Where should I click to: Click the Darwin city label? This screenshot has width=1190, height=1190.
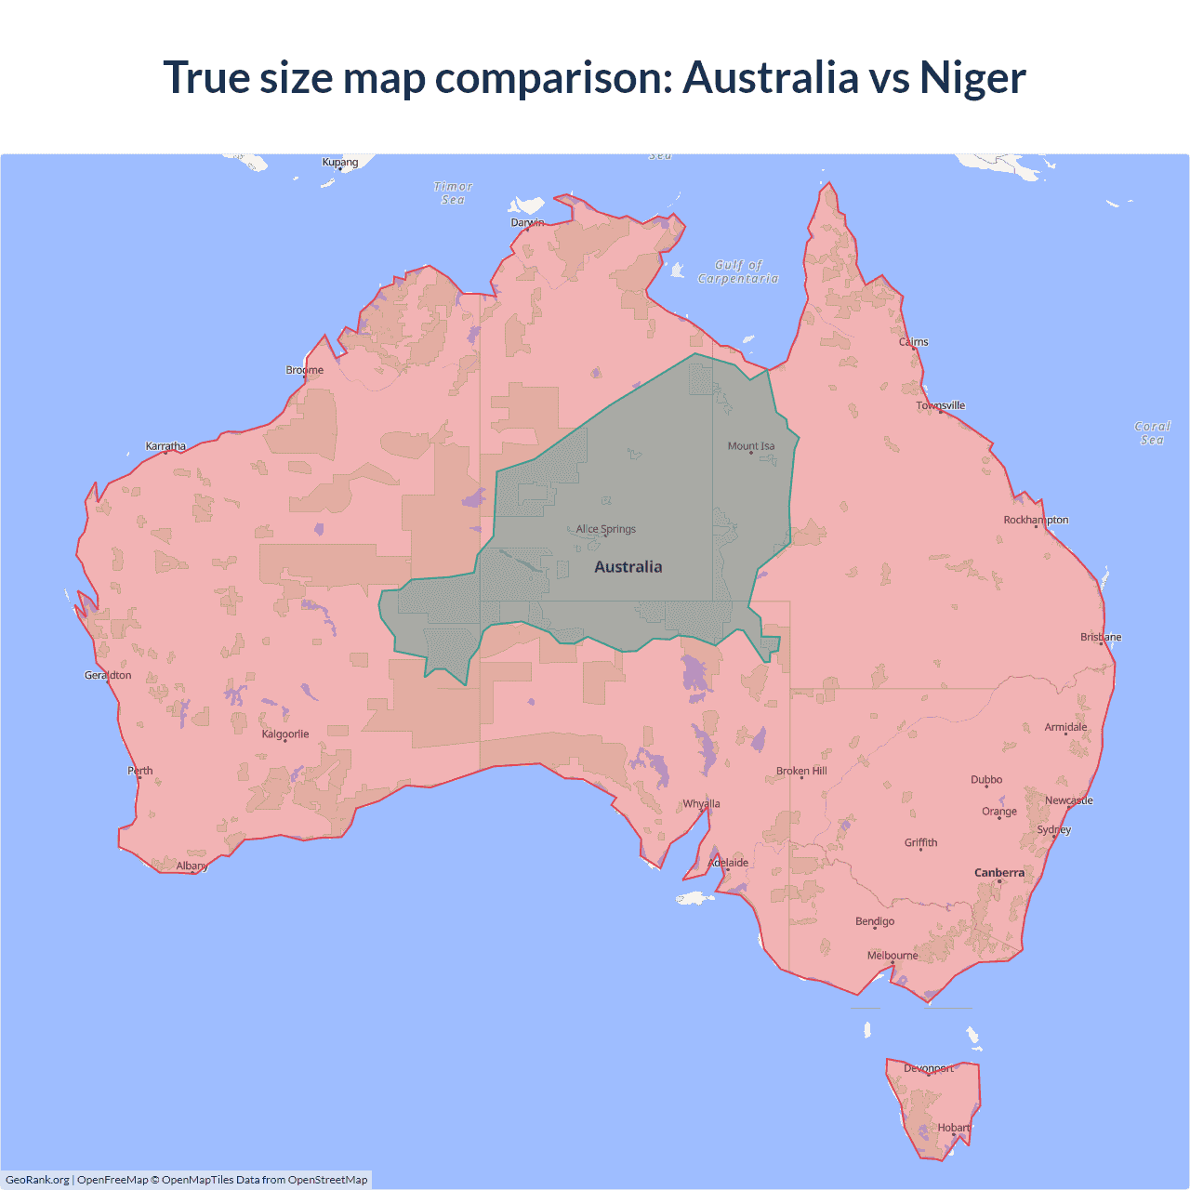click(x=527, y=222)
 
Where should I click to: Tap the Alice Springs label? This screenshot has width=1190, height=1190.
click(x=606, y=529)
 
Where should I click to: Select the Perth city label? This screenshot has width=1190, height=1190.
click(x=140, y=771)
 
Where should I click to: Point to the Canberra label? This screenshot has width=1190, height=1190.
click(x=999, y=873)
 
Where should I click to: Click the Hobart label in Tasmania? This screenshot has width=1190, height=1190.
click(x=954, y=1128)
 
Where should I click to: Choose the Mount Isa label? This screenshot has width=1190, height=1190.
click(x=751, y=446)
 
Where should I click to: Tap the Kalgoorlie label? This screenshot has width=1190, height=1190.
click(x=285, y=734)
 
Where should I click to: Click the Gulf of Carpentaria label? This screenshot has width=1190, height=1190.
click(x=738, y=271)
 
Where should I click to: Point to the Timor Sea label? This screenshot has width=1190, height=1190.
click(x=453, y=193)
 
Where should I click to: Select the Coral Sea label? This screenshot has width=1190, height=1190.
click(x=1152, y=433)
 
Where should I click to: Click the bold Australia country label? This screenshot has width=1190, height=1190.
click(x=628, y=567)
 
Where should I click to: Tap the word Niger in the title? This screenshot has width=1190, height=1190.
click(x=972, y=77)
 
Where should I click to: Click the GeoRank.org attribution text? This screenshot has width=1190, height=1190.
click(x=37, y=1180)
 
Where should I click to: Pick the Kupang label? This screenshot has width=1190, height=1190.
click(x=340, y=162)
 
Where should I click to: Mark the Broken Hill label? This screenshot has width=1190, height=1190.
click(x=801, y=772)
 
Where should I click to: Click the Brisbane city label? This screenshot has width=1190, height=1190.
click(x=1101, y=637)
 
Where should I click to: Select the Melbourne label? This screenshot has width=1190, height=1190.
click(x=892, y=956)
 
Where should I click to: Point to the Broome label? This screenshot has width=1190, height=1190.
click(x=305, y=370)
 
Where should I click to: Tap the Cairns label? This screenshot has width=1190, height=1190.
click(x=914, y=342)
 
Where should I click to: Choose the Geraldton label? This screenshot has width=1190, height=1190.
click(x=108, y=675)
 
